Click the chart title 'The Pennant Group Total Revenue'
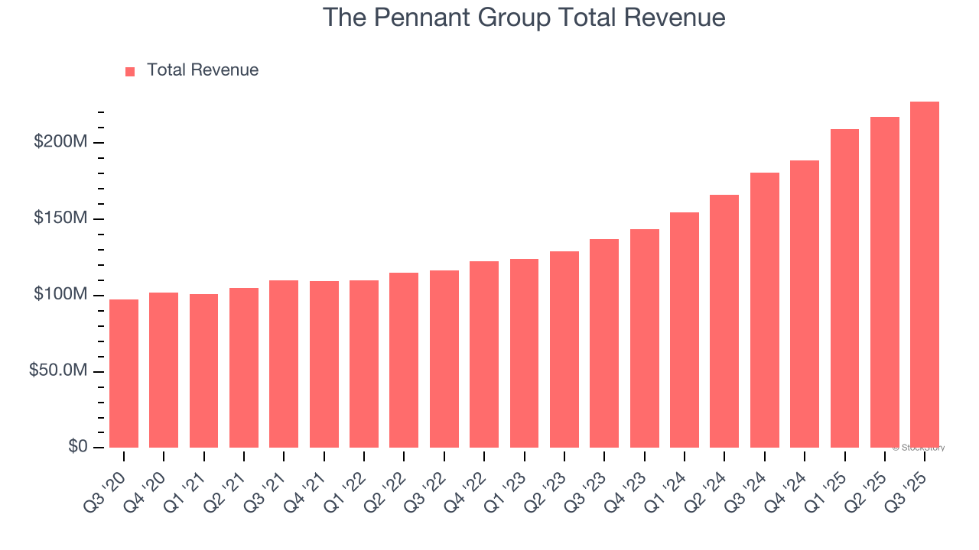point(523,17)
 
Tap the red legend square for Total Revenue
point(130,71)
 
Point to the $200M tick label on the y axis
point(61,142)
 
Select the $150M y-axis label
point(61,218)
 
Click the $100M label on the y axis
point(61,295)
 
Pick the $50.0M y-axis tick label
point(58,370)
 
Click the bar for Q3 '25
point(924,275)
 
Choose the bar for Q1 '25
point(844,289)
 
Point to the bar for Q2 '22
point(404,360)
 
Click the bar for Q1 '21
point(203,370)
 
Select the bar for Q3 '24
point(764,310)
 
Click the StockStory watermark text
point(919,448)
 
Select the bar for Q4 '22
point(484,354)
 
